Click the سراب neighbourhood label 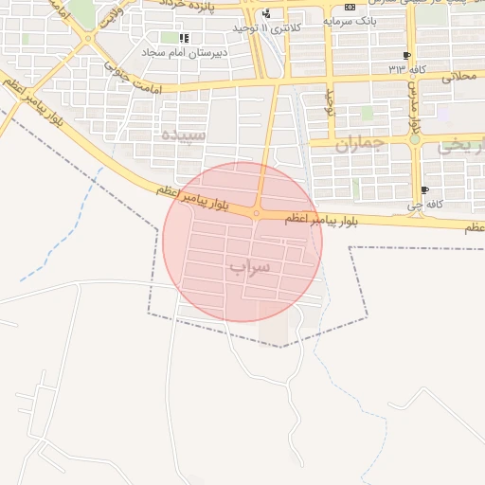pyautogui.click(x=249, y=267)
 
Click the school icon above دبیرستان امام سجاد pyautogui.click(x=184, y=38)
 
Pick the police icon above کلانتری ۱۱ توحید pyautogui.click(x=266, y=14)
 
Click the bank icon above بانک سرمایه pyautogui.click(x=350, y=7)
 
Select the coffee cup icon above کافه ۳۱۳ pyautogui.click(x=406, y=56)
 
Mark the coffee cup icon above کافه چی pyautogui.click(x=423, y=189)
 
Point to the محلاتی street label pyautogui.click(x=463, y=76)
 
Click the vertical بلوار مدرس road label pyautogui.click(x=414, y=111)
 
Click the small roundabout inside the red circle pyautogui.click(x=256, y=213)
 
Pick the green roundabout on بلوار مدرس pyautogui.click(x=414, y=139)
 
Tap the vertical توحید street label pyautogui.click(x=331, y=100)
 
